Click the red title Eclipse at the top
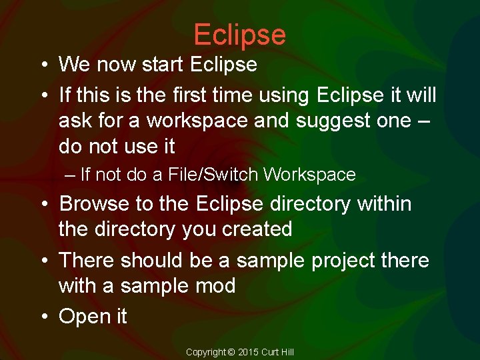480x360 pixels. click(239, 35)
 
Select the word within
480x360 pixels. click(384, 204)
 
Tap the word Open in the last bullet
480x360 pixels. click(81, 317)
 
